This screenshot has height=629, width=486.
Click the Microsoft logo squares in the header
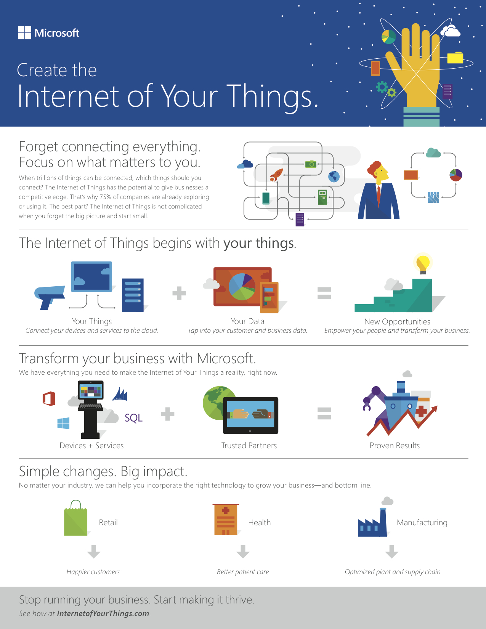tap(25, 33)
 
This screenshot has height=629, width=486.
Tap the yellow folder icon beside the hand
tap(455, 58)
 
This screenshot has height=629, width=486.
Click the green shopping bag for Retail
tap(75, 520)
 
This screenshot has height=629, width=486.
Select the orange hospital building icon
tap(226, 520)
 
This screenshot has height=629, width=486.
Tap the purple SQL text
tap(133, 418)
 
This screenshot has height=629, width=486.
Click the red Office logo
tap(49, 399)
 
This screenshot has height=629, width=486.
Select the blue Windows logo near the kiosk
tap(63, 423)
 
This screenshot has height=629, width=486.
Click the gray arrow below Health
tap(243, 551)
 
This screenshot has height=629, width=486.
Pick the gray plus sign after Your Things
tap(179, 293)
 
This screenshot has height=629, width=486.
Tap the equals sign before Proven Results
tap(324, 413)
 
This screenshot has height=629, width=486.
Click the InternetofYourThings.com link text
tap(103, 613)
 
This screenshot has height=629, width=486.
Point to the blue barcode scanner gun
tap(49, 296)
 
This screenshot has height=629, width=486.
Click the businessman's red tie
tap(379, 194)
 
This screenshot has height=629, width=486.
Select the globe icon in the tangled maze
tap(334, 177)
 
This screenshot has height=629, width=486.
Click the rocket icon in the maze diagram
tap(276, 175)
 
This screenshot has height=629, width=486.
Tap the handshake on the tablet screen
tap(250, 414)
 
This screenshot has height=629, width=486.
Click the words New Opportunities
tap(397, 321)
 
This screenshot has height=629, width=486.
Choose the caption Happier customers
tap(93, 572)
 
